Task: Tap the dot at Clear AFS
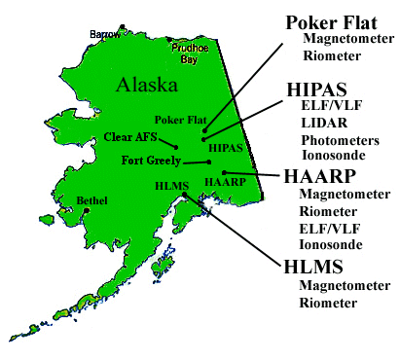tap(174, 148)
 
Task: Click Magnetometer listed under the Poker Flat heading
tap(348, 39)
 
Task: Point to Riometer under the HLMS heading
tap(328, 303)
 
